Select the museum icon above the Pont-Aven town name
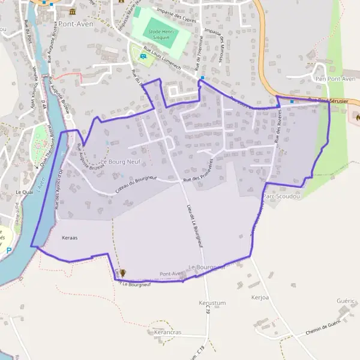[x=73, y=11]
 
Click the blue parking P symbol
[x=8, y=250]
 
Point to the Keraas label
[x=70, y=238]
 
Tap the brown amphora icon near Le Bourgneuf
[x=122, y=273]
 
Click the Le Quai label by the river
[x=23, y=192]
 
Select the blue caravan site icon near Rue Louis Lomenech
[x=143, y=56]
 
